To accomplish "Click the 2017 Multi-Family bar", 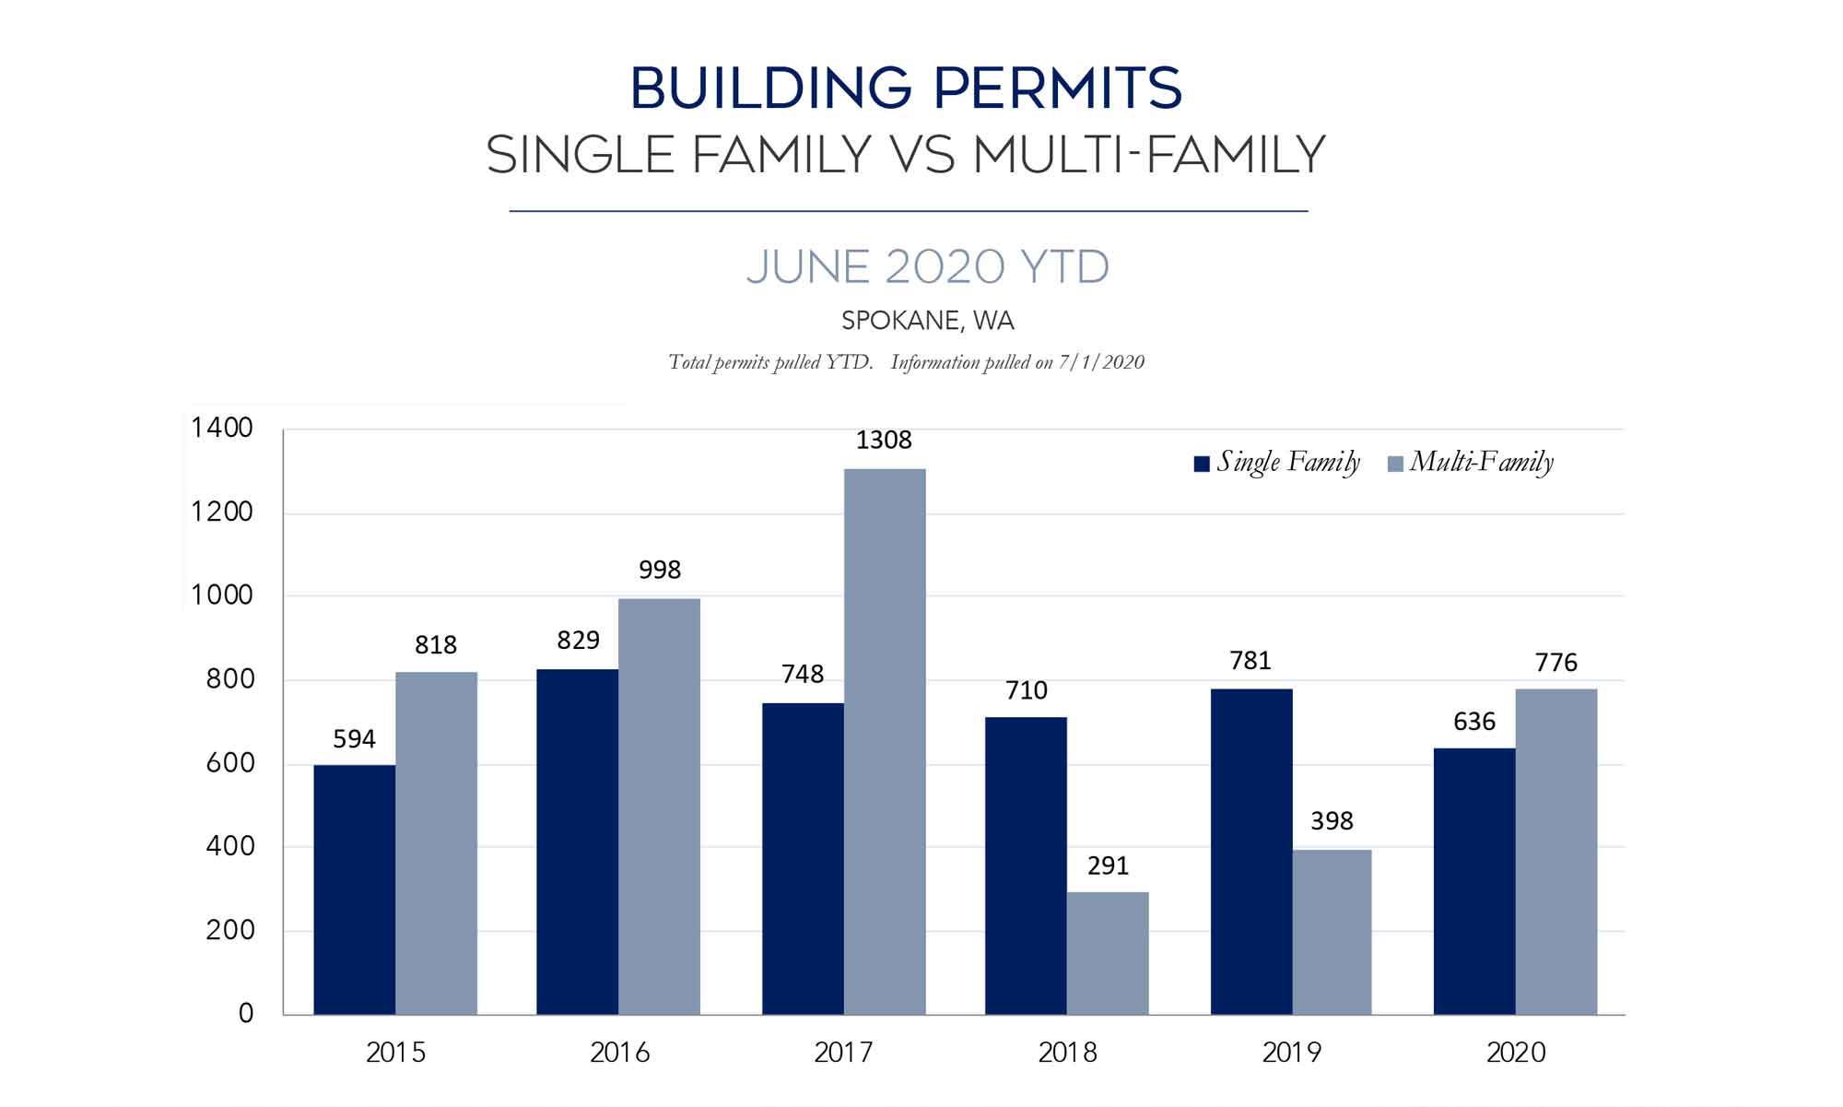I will (x=885, y=742).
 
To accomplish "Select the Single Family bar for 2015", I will (x=354, y=889).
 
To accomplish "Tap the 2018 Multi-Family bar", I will (x=1108, y=953).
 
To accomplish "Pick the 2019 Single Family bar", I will (x=1250, y=852).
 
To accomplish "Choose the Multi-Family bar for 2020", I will (x=1555, y=852).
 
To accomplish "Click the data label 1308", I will (x=884, y=441).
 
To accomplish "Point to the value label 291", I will (x=1108, y=866).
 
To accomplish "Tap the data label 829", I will (x=578, y=641).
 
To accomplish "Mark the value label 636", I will (x=1473, y=722).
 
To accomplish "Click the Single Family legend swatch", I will (x=1202, y=464).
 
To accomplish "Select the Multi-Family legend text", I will (x=1481, y=462).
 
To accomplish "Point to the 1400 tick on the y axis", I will (x=222, y=428).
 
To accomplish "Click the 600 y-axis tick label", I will (x=229, y=763).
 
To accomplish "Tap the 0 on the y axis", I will (x=246, y=1014).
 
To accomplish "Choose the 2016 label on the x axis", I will (x=619, y=1053).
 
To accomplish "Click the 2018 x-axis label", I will (x=1067, y=1053).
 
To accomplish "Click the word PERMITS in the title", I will (x=1057, y=89).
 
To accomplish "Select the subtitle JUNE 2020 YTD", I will (x=927, y=267).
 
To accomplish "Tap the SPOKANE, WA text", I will (x=927, y=321).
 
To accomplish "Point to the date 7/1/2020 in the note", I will (x=1101, y=362).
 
